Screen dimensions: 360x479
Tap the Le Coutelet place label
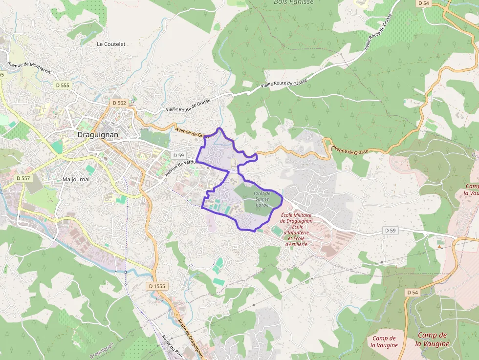(111, 44)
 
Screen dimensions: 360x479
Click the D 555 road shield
(63, 85)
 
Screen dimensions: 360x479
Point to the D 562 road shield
(119, 103)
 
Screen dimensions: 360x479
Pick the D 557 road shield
(23, 178)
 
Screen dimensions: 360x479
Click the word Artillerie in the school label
(296, 244)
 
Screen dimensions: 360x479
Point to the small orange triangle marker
(439, 247)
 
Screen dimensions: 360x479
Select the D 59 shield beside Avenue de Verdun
(178, 155)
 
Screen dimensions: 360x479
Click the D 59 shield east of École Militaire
(390, 230)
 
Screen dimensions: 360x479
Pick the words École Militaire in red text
(296, 215)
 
